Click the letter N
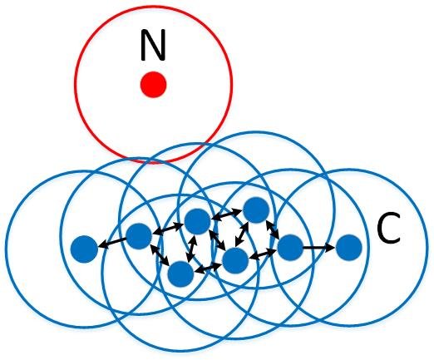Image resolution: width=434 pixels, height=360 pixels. tap(153, 45)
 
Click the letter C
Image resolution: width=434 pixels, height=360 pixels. tap(389, 229)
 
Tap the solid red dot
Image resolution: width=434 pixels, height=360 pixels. tap(153, 85)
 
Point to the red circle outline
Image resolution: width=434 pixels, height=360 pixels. tap(75, 85)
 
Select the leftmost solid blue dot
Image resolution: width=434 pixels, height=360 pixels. tap(84, 249)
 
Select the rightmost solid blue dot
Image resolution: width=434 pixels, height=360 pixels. tap(349, 248)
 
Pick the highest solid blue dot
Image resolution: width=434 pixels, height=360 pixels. tap(256, 210)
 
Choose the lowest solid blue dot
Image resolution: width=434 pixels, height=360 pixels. tap(180, 274)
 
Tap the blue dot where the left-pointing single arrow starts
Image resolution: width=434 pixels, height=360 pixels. tap(139, 236)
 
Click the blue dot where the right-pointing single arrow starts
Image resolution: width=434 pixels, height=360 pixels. tap(290, 248)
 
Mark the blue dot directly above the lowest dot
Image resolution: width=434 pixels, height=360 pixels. tap(197, 221)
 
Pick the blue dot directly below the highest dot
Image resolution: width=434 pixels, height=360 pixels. tap(235, 260)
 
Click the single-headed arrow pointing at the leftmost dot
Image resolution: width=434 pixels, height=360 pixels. tap(112, 243)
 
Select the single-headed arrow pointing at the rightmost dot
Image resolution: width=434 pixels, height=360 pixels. tap(318, 247)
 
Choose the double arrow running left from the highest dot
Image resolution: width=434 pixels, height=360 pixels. tap(226, 215)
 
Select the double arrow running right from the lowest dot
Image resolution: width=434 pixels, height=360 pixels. tap(208, 268)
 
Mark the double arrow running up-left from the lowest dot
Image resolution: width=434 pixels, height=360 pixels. tap(160, 254)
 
